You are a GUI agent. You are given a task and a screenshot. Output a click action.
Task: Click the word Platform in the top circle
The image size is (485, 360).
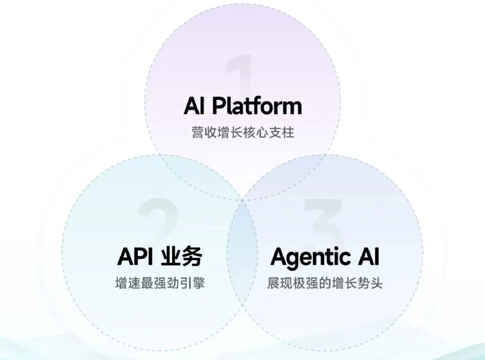(x=256, y=106)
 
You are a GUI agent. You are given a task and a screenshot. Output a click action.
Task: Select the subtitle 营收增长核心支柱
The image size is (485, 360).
(x=242, y=133)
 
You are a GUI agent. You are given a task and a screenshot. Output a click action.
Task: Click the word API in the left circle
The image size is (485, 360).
(x=135, y=257)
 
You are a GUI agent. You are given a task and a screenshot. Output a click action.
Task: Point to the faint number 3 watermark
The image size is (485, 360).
(x=324, y=220)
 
